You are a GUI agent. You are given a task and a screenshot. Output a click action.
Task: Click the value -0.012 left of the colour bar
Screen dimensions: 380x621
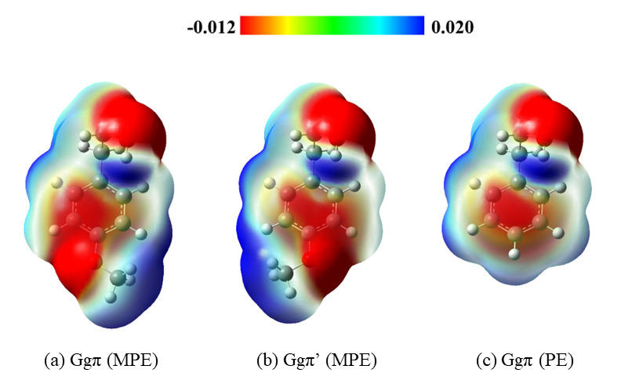click(211, 27)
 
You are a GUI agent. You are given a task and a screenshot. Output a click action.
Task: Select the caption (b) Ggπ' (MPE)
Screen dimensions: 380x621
click(317, 361)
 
